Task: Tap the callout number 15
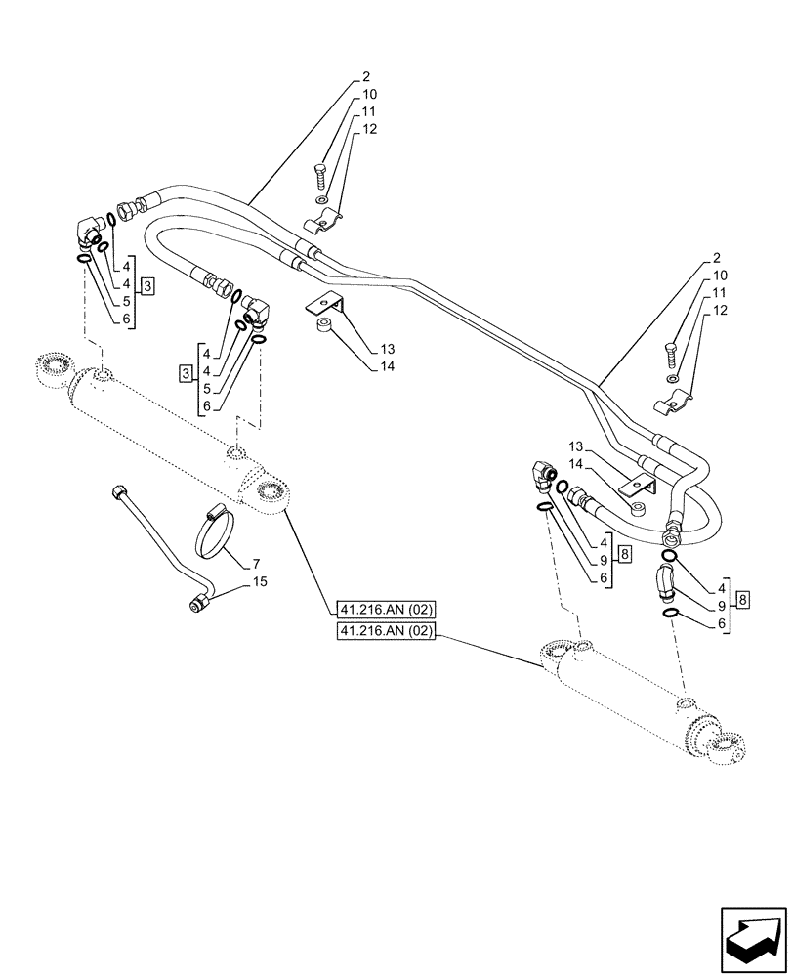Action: tap(259, 581)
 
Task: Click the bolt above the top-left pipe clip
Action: tap(322, 178)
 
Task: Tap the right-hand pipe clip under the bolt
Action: tap(675, 400)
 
